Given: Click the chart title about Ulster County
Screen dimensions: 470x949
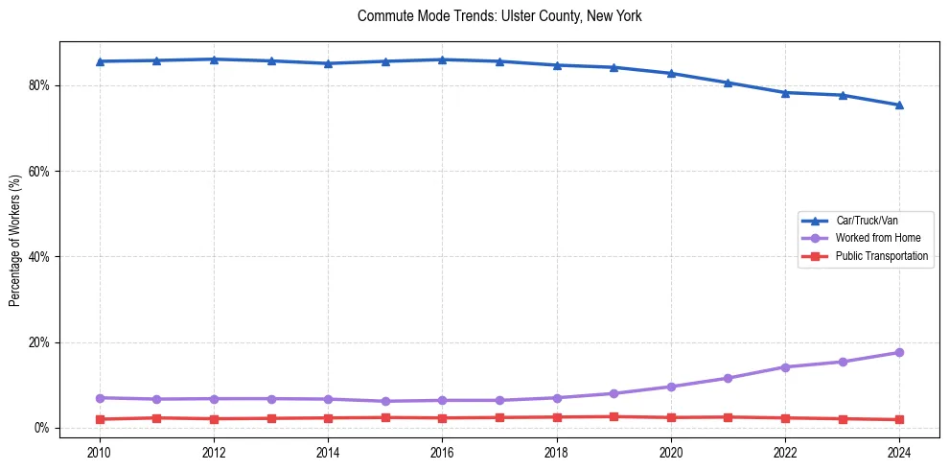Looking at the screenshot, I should point(498,16).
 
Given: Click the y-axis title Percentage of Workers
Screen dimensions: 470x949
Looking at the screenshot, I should point(14,241).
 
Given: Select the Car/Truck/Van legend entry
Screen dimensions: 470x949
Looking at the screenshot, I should point(867,221).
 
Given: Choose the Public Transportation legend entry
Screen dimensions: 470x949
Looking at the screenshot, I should point(881,256).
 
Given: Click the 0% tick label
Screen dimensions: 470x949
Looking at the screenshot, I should point(41,428).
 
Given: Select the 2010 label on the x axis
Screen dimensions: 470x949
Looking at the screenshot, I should point(100,451).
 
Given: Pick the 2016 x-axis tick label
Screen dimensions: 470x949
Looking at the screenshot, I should point(442,451).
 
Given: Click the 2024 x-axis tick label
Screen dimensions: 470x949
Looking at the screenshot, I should point(899,451).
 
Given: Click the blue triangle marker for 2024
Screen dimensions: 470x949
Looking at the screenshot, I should point(899,105).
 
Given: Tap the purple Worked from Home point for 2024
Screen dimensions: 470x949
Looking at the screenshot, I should point(899,353).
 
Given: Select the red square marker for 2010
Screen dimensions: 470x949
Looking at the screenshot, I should point(100,419).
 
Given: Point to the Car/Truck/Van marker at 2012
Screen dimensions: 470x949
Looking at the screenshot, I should point(214,59).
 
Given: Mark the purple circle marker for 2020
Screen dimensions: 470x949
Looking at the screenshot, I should point(671,387).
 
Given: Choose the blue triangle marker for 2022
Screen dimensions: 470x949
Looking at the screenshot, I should point(785,92).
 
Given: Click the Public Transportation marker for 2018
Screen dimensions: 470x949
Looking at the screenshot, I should point(557,417).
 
